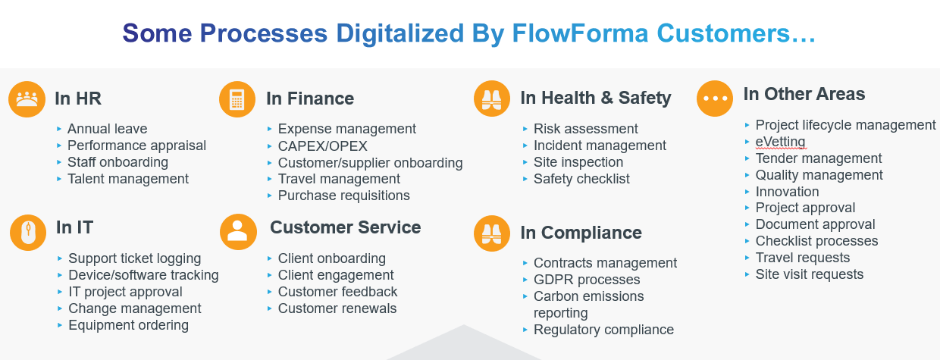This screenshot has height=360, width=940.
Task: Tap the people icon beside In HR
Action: (x=27, y=99)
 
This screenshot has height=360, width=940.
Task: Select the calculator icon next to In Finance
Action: (x=237, y=99)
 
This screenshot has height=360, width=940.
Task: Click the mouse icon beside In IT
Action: (x=28, y=232)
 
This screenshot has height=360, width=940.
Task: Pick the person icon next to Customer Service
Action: (x=238, y=230)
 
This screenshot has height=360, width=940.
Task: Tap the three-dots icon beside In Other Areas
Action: (x=715, y=99)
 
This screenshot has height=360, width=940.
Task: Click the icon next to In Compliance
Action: (x=492, y=233)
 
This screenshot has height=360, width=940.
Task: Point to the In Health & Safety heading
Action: (x=595, y=98)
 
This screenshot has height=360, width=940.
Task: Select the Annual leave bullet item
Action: (x=107, y=129)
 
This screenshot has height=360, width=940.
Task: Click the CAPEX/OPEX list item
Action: (x=323, y=146)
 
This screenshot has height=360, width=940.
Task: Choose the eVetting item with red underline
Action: (x=780, y=142)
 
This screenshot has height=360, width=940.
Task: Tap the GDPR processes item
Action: (x=587, y=280)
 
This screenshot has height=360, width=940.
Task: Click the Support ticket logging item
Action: (x=134, y=258)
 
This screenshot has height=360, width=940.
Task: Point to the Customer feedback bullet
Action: (x=337, y=292)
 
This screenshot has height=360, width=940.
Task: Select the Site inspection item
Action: (x=578, y=162)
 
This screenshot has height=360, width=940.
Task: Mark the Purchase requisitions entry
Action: (x=343, y=196)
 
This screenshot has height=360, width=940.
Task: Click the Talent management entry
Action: (x=127, y=179)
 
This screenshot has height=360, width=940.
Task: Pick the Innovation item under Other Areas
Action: (x=787, y=192)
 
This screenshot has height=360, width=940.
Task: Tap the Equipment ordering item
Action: (x=128, y=325)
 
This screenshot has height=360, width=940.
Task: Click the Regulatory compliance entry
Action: (x=603, y=330)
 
